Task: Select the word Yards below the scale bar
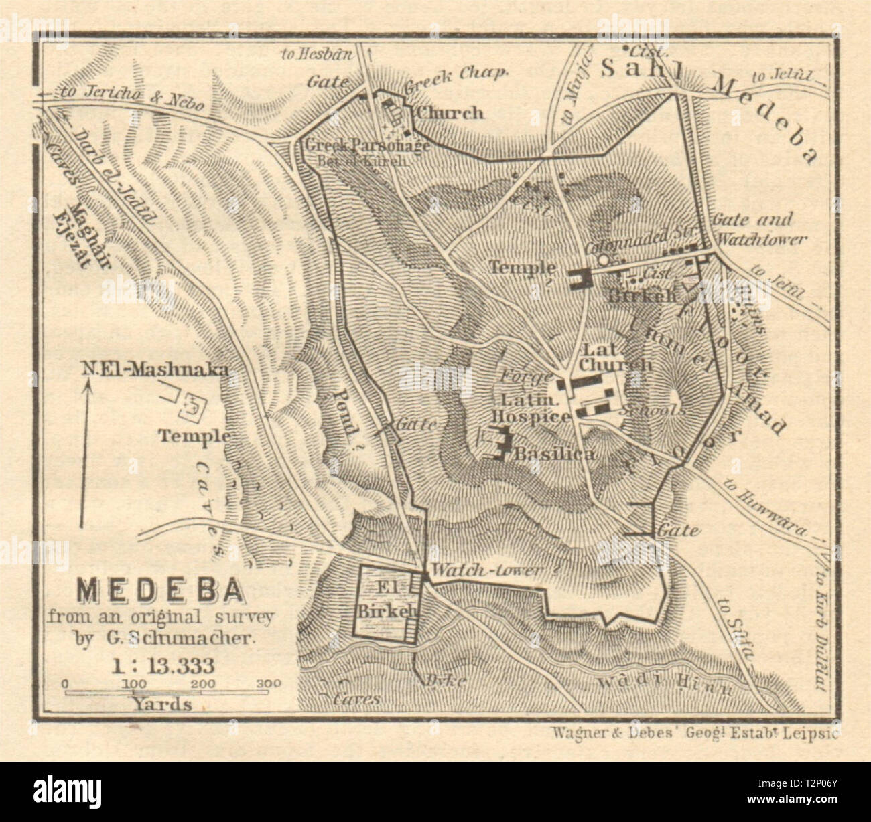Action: click(x=161, y=704)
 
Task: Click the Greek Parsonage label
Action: click(x=366, y=145)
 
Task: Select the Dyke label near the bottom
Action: click(x=436, y=680)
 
